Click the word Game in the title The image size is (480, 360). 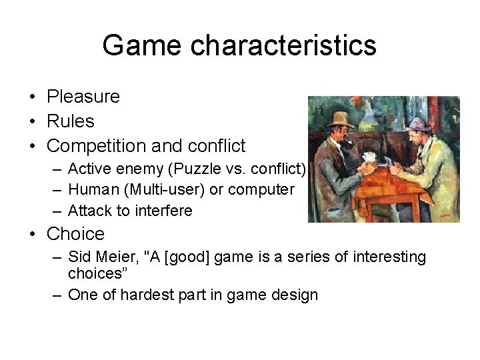(x=142, y=45)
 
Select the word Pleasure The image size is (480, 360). (x=83, y=97)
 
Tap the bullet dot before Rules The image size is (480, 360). (x=32, y=121)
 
